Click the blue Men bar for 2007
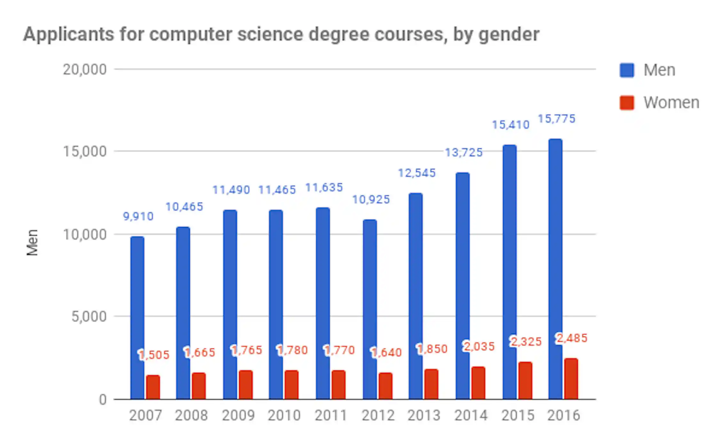pos(137,318)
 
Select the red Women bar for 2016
pos(571,379)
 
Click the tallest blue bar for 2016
pos(556,269)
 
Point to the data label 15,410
pos(510,125)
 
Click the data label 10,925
pos(371,200)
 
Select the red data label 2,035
pos(479,346)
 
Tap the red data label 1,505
pos(154,355)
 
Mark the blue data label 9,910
pos(138,216)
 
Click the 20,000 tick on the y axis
pos(84,69)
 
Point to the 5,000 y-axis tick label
pos(89,317)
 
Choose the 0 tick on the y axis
pos(103,400)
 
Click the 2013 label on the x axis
pos(424,415)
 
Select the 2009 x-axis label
pos(238,415)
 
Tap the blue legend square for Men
pos(627,70)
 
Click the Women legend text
pos(671,103)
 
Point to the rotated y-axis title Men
pos(32,242)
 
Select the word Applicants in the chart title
pos(68,35)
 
